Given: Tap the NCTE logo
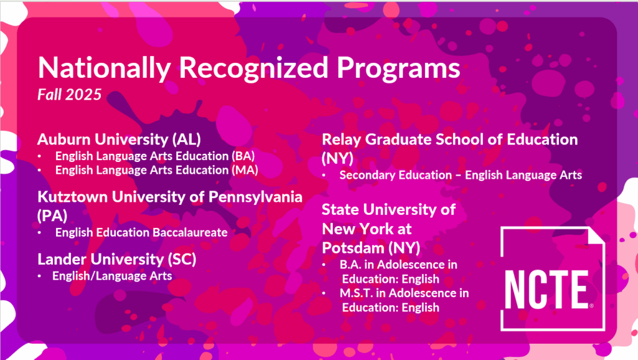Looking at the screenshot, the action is click(x=553, y=278).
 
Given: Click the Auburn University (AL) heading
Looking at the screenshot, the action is click(x=119, y=140).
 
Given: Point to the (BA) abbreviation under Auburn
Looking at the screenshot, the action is click(x=244, y=156).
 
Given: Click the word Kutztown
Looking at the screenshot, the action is click(x=72, y=197).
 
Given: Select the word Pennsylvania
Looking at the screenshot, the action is click(x=255, y=197).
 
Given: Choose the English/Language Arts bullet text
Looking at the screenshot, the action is click(x=112, y=276).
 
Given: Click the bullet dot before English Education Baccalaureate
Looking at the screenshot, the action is click(x=39, y=233).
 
